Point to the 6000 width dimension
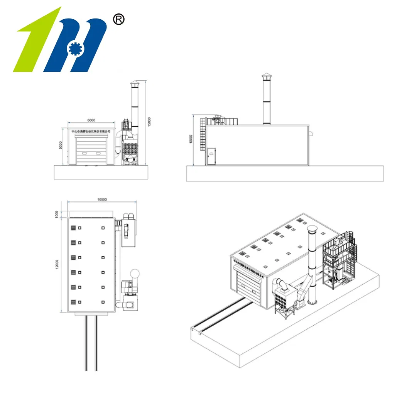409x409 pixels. click(x=91, y=120)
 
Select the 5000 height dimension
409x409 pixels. click(x=61, y=145)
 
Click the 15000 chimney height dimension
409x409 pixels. click(x=149, y=121)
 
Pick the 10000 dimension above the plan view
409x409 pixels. click(x=102, y=199)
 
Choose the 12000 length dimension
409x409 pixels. click(x=57, y=264)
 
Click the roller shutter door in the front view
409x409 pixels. click(x=91, y=150)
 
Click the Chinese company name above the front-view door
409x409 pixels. click(x=91, y=131)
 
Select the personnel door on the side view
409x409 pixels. click(x=212, y=156)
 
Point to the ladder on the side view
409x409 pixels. click(x=203, y=135)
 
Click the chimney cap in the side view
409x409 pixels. click(x=266, y=77)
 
